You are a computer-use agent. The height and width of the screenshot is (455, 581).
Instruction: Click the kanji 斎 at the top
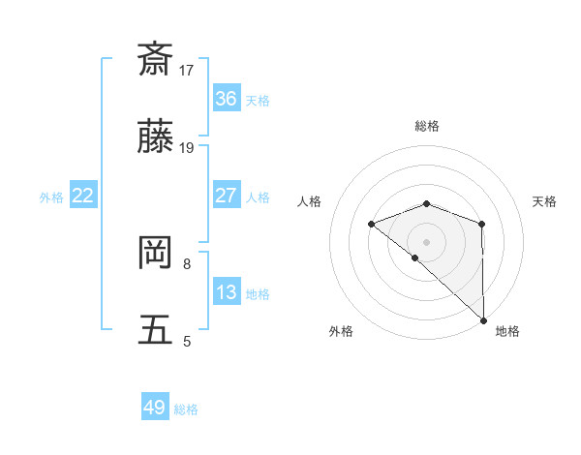[156, 59]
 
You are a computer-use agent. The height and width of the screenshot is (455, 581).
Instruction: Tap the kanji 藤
[156, 140]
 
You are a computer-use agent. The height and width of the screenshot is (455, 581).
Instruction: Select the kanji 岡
[156, 254]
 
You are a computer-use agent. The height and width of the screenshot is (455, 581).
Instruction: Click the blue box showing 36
[227, 99]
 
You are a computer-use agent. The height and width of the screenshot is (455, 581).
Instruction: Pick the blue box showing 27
[227, 196]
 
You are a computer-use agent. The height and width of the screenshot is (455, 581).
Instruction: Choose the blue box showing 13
[227, 292]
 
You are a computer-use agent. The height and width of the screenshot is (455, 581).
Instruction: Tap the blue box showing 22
[83, 196]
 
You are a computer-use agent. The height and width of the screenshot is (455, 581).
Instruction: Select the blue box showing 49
[155, 408]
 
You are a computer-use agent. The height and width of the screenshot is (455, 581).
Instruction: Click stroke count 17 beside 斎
[187, 70]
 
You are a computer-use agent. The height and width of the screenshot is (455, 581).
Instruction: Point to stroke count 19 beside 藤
[187, 148]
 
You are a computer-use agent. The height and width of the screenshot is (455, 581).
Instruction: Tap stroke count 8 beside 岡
[187, 262]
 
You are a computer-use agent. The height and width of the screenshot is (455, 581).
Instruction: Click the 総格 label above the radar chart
[427, 126]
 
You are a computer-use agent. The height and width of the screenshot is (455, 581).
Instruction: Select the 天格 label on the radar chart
[544, 201]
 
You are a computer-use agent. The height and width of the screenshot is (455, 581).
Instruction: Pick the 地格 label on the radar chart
[507, 331]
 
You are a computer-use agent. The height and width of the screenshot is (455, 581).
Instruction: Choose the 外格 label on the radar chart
[341, 331]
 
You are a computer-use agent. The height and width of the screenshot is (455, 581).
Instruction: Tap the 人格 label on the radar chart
[309, 201]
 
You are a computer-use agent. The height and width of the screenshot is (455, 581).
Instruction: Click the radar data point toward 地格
[483, 320]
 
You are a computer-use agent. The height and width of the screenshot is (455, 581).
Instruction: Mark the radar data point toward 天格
[481, 225]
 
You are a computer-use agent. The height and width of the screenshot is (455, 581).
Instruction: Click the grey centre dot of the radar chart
[427, 241]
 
